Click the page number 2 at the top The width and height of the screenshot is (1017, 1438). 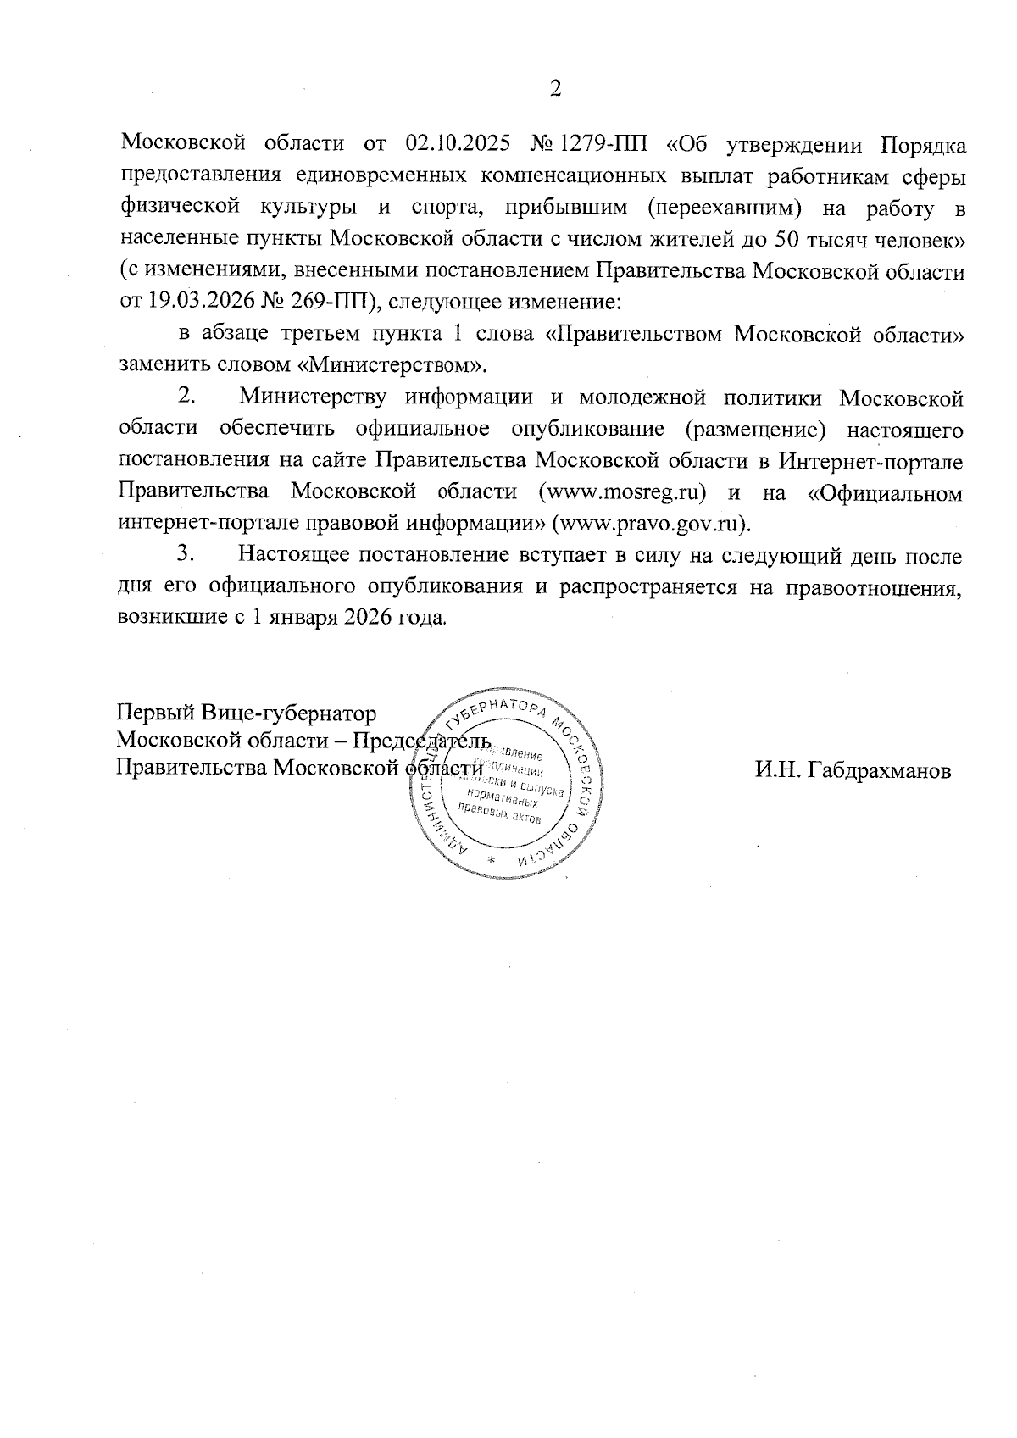(556, 89)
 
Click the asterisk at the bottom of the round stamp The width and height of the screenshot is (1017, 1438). (491, 861)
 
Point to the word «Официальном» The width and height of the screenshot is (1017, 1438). (886, 492)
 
